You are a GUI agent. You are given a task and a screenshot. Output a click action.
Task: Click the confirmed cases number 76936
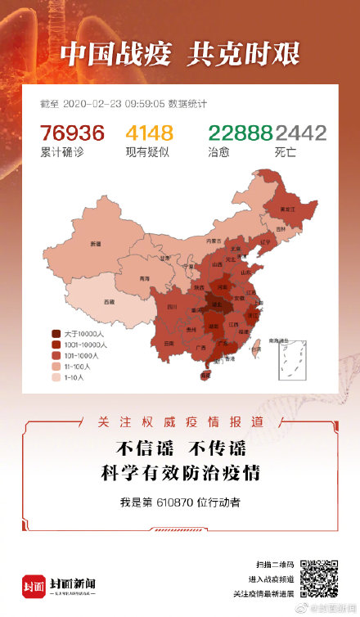click(x=72, y=133)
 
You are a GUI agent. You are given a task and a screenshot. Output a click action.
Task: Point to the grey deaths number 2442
click(x=300, y=133)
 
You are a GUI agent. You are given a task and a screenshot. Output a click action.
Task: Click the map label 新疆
click(x=96, y=244)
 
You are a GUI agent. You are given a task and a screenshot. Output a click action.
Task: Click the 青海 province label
click(x=145, y=278)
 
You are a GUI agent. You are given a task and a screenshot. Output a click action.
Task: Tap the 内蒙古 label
click(x=214, y=241)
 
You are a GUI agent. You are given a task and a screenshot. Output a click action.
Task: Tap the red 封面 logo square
click(x=34, y=583)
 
